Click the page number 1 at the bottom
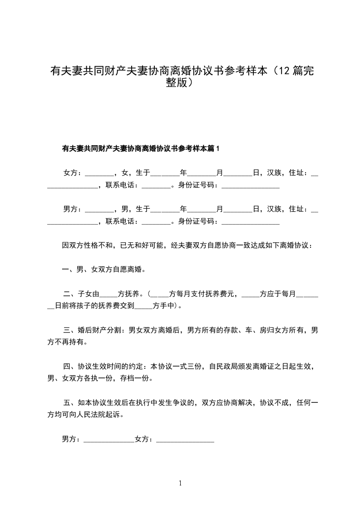tap(180, 483)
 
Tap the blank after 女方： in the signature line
tap(185, 440)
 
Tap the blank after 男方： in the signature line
tap(109, 440)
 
